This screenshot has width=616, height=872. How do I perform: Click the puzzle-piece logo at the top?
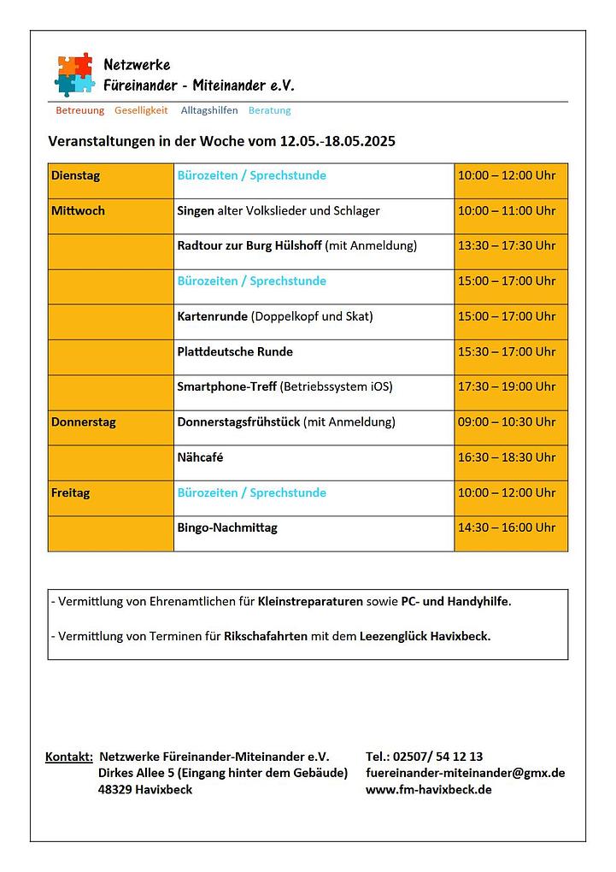pos(74,74)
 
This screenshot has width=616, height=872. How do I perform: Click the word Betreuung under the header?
pos(79,110)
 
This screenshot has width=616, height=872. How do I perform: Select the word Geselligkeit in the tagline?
pos(141,110)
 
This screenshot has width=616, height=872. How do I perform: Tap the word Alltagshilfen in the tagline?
pos(209,110)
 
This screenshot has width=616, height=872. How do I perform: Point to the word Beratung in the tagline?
pos(269,110)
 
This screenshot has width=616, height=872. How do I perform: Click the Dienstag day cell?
pos(76,176)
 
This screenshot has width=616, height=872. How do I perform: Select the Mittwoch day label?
pos(78,211)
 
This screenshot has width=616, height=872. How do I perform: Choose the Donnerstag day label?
pos(84,422)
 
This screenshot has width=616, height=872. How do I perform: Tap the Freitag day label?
pos(70,493)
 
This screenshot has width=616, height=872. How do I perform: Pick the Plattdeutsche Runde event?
pos(235,352)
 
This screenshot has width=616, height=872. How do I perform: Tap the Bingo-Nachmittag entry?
pos(227,528)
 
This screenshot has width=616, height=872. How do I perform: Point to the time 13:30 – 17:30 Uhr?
pos(507,246)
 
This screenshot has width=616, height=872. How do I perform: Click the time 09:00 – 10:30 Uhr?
pos(507,422)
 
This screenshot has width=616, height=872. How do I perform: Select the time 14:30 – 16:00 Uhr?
pos(507,528)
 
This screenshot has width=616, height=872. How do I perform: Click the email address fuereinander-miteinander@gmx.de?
pos(465,773)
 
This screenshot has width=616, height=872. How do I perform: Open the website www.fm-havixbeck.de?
pos(428,789)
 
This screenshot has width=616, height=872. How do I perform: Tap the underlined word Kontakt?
pos(68,757)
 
